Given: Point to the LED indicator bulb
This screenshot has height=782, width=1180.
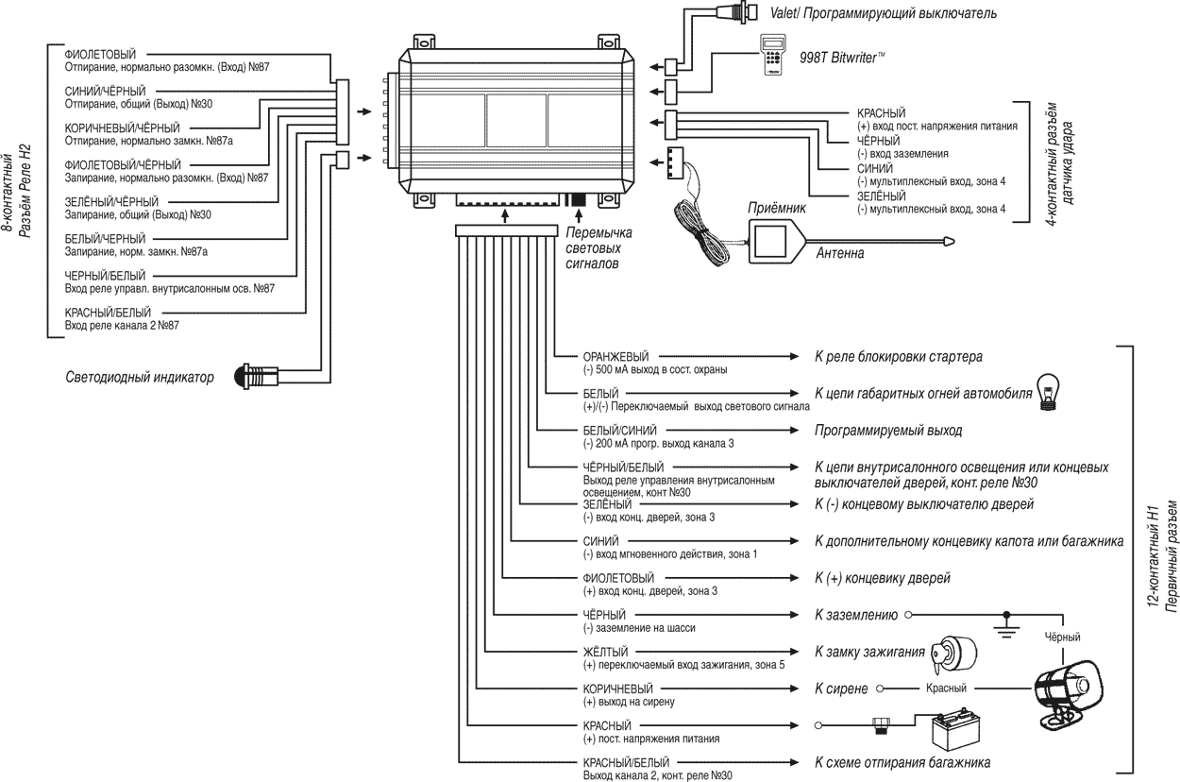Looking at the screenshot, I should [253, 376].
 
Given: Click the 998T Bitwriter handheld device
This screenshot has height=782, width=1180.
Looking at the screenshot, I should [777, 57].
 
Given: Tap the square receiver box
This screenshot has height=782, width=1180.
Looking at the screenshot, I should [775, 242].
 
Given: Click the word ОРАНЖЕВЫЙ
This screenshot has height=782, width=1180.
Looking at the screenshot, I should [615, 356].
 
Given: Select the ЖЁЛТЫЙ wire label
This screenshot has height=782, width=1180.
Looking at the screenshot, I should [605, 652].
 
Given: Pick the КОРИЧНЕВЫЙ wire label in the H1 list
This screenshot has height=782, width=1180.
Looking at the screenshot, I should [617, 688].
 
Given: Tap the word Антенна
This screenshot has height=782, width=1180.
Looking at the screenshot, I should [838, 253].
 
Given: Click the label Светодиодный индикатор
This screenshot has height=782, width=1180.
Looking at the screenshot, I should [140, 377].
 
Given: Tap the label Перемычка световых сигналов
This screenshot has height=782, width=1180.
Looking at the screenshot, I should [598, 248].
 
